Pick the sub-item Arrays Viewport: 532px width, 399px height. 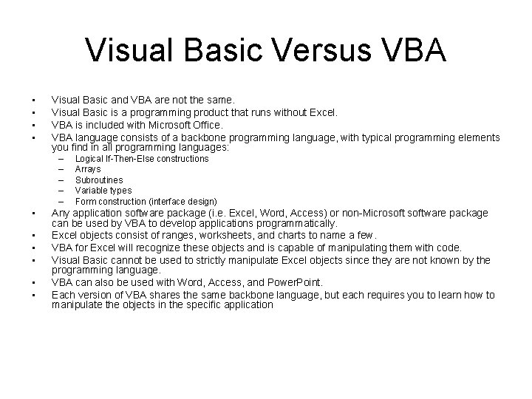coord(89,169)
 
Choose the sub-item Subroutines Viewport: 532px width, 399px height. coord(99,180)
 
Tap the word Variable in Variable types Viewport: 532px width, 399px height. coord(92,191)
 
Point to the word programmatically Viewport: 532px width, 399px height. coord(296,223)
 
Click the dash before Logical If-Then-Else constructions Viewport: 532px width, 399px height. coord(61,159)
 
